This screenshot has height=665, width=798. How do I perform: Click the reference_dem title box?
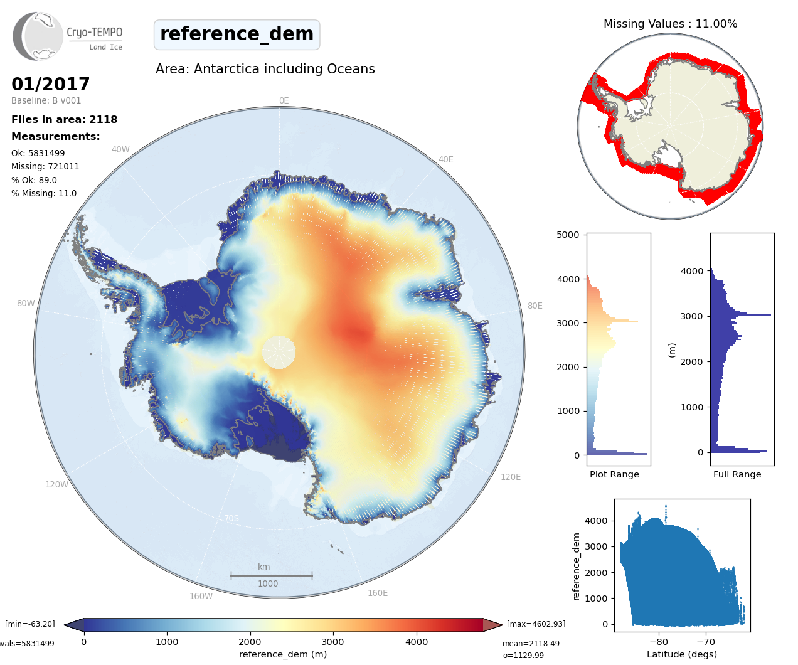click(237, 34)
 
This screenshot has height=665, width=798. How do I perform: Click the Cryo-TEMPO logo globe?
click(39, 36)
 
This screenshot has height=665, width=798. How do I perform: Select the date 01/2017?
click(51, 84)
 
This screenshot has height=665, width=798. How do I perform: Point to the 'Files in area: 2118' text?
click(64, 119)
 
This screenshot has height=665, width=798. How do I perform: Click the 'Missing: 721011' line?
click(45, 166)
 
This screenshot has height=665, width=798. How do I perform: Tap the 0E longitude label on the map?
click(284, 100)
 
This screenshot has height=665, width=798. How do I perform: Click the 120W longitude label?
click(56, 484)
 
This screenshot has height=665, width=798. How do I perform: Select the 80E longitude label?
click(535, 306)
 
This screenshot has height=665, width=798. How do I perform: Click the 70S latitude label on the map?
click(231, 518)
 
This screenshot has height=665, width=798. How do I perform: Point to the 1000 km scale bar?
click(271, 575)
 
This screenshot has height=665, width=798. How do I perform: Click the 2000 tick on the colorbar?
click(250, 642)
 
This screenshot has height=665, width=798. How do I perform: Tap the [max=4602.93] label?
click(536, 624)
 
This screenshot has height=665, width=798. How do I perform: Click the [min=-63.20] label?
click(30, 624)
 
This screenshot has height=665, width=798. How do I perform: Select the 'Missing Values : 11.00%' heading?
click(670, 24)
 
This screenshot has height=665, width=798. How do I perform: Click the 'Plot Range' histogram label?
click(614, 474)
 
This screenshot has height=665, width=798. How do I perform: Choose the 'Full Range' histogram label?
click(737, 474)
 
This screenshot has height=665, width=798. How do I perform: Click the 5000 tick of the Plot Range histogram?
click(568, 235)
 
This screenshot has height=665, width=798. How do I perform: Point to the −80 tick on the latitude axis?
click(659, 642)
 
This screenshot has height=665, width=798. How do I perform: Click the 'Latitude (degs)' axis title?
click(682, 654)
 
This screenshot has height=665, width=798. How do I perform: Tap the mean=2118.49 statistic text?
click(531, 644)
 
